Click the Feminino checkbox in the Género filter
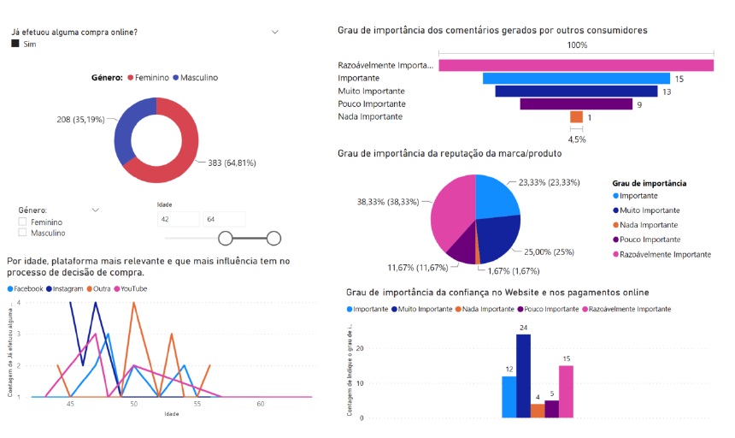point(23,222)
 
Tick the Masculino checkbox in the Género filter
point(23,233)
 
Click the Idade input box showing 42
point(177,219)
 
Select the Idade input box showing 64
point(224,219)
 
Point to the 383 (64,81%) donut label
point(231,163)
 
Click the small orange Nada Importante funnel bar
point(576,117)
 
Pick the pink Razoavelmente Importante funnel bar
point(576,66)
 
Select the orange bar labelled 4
point(538,411)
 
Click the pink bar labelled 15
point(566,391)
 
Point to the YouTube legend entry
point(132,289)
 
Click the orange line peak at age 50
point(134,304)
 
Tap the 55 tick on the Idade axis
point(197,403)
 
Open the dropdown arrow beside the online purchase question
point(275,32)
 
